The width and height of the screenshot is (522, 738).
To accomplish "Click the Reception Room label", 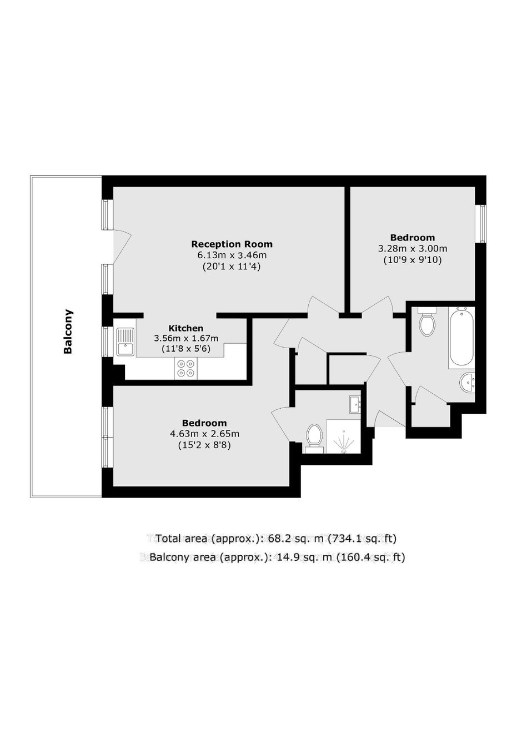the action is pos(232,244).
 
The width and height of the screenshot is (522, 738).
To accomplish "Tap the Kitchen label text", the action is pos(186,328).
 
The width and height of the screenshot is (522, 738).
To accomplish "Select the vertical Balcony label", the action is pos(68,331).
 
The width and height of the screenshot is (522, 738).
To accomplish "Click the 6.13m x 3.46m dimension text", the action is pos(232,255).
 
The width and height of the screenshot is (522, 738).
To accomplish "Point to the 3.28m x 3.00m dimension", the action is pos(412,248).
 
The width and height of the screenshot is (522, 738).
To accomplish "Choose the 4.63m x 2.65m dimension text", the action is pos(204,434).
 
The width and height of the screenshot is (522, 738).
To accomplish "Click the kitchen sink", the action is pos(126,342).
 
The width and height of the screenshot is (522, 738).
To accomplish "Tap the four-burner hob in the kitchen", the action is pos(185,368).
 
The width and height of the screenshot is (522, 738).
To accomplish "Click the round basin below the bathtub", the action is pos(467,383).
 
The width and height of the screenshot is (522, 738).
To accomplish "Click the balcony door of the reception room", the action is pos(122,247).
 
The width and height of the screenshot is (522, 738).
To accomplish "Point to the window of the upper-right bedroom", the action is pos(483,224).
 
